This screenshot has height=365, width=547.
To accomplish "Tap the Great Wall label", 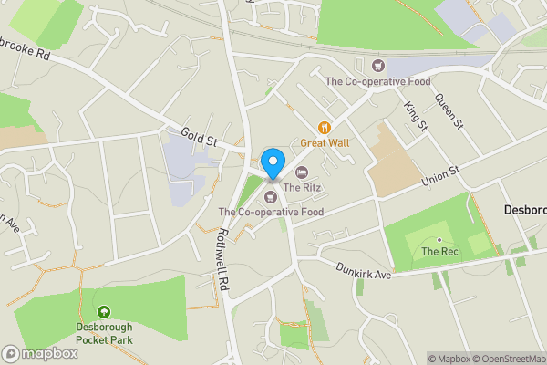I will pos(325,143).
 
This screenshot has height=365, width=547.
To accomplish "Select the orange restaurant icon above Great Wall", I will pos(324,128).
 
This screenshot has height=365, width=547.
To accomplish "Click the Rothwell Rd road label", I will pos(222,259).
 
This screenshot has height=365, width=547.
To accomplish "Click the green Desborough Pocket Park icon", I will pos(103,312).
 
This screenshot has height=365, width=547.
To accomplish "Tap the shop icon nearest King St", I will pos(379,65).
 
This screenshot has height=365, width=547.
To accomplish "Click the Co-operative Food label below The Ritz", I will pos(271,212).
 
